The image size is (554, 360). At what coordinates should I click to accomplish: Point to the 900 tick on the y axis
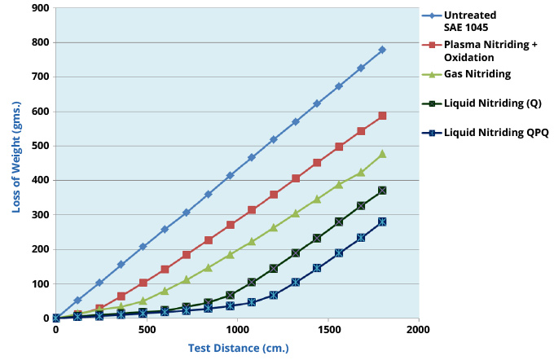[39, 8]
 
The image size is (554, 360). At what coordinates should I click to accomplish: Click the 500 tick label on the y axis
[39, 146]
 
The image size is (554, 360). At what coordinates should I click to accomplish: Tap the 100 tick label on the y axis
[39, 284]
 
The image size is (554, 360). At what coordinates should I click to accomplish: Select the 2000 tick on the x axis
[418, 330]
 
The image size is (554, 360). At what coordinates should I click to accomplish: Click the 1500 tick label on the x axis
[328, 330]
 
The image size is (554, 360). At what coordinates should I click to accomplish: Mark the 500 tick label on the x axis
[147, 330]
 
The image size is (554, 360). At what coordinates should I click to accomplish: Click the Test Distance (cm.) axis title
[238, 348]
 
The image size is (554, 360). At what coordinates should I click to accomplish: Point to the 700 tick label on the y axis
[39, 77]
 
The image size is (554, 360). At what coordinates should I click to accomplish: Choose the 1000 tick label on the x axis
[237, 330]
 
